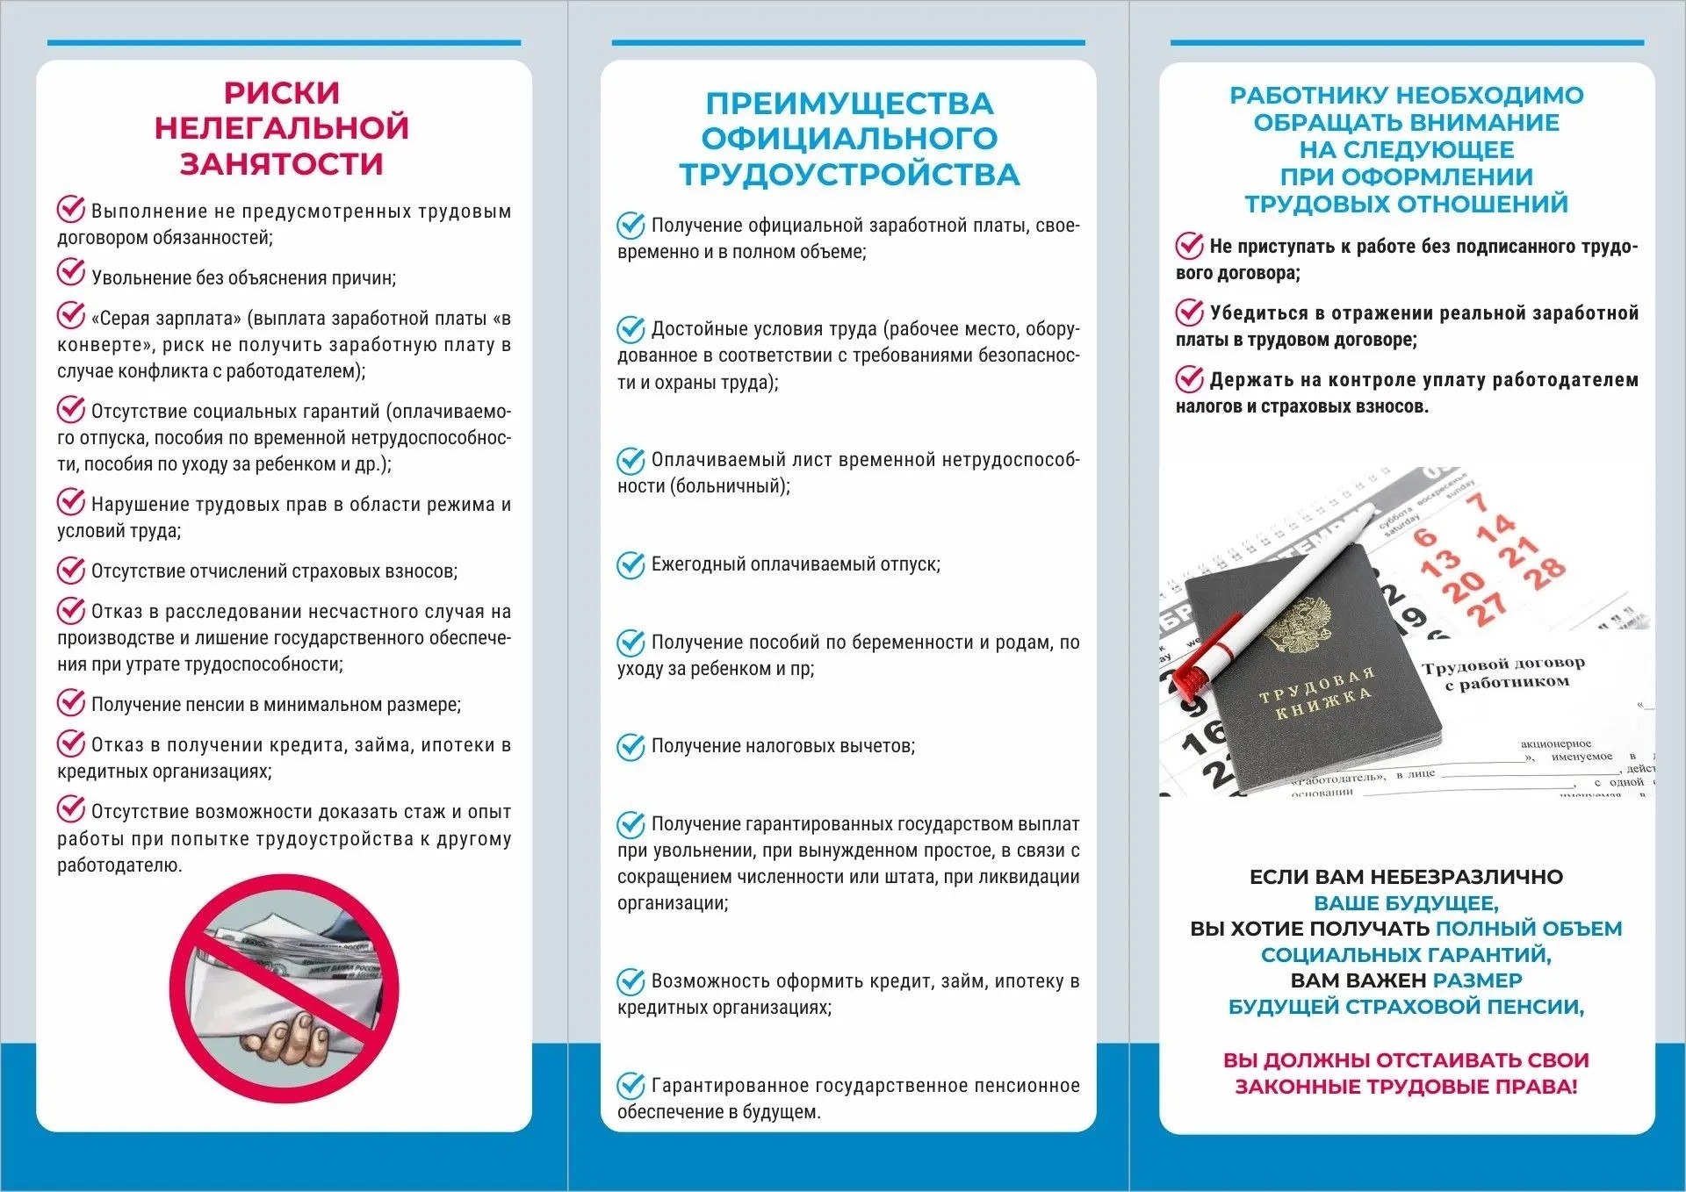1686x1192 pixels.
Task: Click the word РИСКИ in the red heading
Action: [281, 93]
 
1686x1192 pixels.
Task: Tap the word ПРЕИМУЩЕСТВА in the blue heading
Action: [849, 104]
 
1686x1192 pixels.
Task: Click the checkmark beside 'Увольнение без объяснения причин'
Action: [71, 273]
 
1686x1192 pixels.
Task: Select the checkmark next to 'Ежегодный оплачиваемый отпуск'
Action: [630, 565]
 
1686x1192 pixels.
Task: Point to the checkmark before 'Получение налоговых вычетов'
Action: [630, 747]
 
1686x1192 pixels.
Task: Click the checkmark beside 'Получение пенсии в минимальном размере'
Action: [71, 702]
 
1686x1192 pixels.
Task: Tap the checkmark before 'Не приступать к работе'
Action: [1190, 246]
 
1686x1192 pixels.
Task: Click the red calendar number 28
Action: [1545, 572]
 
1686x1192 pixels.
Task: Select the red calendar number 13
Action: [1440, 561]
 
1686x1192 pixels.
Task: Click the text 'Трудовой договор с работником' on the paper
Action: [1502, 672]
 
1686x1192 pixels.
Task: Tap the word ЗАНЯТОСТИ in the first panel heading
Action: [281, 164]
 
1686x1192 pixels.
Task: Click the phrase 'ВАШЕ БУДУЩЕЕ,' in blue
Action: [1406, 902]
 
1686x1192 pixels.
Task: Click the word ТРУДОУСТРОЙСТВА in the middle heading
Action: [849, 175]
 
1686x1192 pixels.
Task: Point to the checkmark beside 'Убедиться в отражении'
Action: [1190, 312]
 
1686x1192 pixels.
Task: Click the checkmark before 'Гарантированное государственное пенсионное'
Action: [630, 1087]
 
